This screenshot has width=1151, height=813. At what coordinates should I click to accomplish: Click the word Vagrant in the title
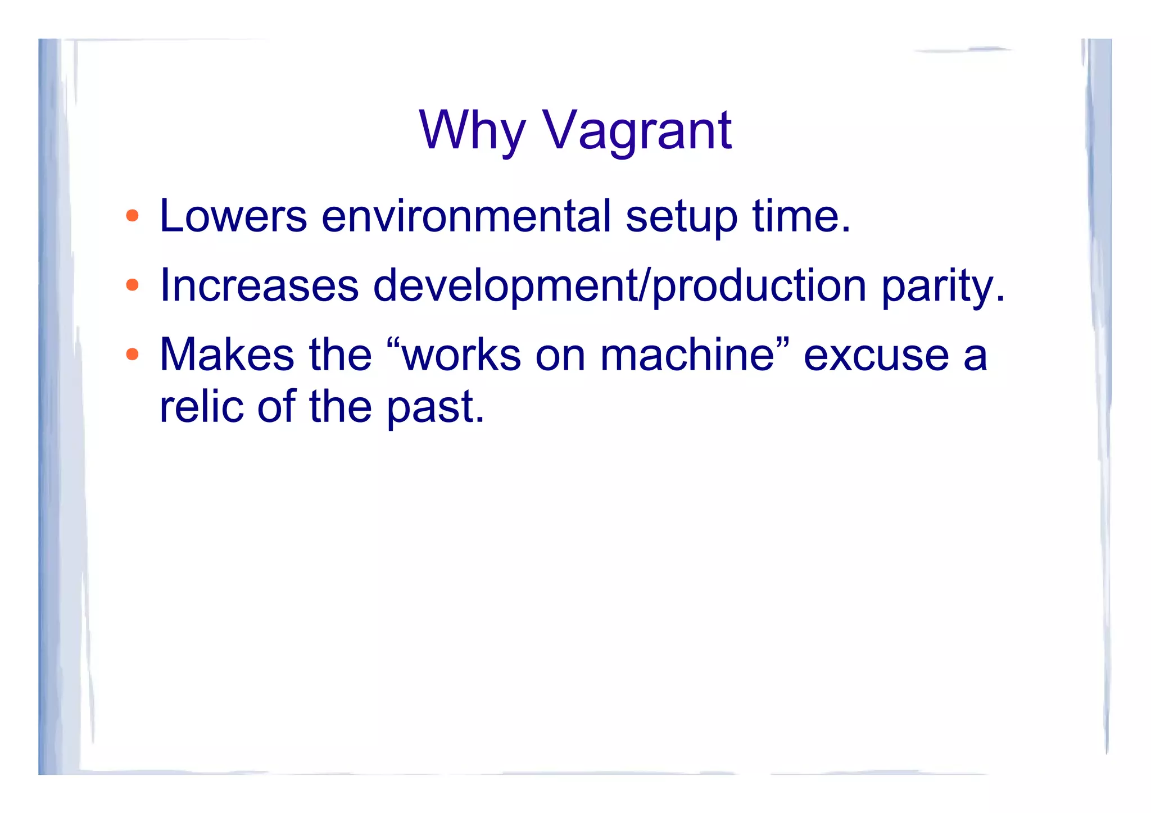pos(637,130)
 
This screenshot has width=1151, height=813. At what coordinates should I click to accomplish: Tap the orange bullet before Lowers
pos(132,215)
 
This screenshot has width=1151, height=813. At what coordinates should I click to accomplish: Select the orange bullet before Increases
pos(132,285)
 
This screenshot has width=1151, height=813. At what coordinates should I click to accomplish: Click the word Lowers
pos(233,216)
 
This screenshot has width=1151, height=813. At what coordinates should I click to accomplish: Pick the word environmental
pos(466,216)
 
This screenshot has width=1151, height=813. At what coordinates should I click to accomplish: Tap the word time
pos(801,216)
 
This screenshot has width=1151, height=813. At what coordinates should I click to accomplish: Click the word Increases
pos(259,285)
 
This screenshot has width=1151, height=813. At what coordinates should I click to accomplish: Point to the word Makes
pos(226,355)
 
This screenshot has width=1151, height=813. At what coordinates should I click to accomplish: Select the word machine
pos(687,355)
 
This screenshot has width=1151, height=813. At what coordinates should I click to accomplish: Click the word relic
pos(201,406)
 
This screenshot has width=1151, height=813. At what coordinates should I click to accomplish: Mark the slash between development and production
pos(646,285)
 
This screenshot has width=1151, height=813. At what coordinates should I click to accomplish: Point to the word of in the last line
pos(276,406)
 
